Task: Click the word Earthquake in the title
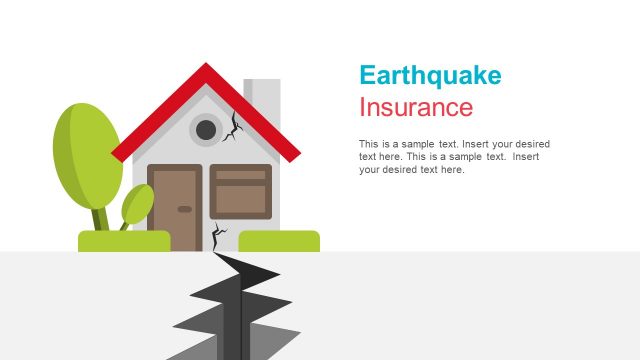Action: pos(429,76)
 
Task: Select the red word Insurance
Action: pos(415,107)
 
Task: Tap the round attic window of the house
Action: pos(207,129)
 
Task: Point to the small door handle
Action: pos(184,209)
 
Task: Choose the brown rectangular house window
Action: pos(241,191)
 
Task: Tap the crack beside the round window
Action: pos(234,126)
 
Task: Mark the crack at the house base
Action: pos(217,236)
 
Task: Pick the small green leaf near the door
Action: pos(137,204)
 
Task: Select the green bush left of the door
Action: pos(124,241)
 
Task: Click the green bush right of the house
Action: pos(279,241)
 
